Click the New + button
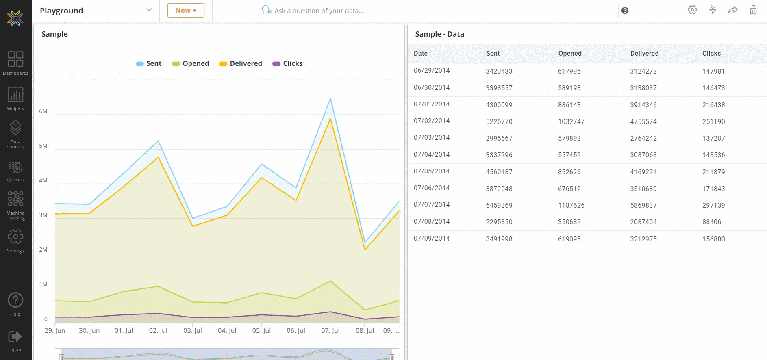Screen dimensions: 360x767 186,11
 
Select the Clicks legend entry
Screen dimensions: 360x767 287,63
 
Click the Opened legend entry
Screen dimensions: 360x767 190,63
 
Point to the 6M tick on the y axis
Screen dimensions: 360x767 43,111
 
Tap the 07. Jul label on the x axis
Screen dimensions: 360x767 330,330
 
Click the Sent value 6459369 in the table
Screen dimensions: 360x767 499,205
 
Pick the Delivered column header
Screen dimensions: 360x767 644,53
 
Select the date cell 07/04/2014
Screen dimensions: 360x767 431,154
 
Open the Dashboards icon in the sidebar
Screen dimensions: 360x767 15,59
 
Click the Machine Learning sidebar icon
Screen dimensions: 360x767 15,200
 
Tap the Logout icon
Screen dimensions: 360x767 15,337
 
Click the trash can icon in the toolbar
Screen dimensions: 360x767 753,10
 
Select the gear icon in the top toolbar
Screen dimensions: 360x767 692,10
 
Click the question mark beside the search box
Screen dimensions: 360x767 625,11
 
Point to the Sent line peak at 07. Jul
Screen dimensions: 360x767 330,98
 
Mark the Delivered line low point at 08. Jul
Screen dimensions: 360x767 365,249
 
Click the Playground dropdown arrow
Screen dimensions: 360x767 149,10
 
